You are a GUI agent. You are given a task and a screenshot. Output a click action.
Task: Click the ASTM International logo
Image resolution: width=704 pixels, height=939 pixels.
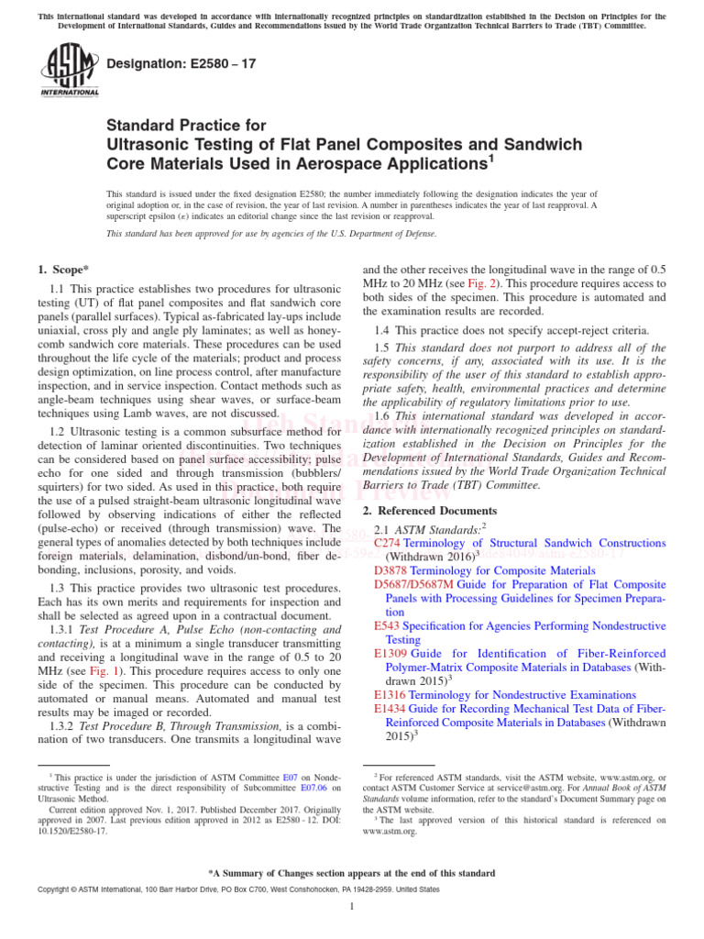pos(68,71)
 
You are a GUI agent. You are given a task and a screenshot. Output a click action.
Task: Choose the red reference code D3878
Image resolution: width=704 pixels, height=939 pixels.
pos(391,569)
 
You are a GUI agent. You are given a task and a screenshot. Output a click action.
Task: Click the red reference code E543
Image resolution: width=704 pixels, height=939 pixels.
pos(387,625)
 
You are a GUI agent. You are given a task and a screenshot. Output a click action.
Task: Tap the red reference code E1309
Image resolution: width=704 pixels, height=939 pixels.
pos(390,653)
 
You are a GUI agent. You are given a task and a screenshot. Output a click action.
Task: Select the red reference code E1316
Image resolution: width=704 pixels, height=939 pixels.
pos(390,695)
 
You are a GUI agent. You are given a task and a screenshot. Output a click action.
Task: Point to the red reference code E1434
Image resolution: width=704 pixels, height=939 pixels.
pos(390,709)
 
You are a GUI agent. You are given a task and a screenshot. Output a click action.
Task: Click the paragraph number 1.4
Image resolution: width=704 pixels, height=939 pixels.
pos(382,330)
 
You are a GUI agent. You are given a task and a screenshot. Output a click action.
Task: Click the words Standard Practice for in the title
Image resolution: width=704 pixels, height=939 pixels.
pos(186,126)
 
